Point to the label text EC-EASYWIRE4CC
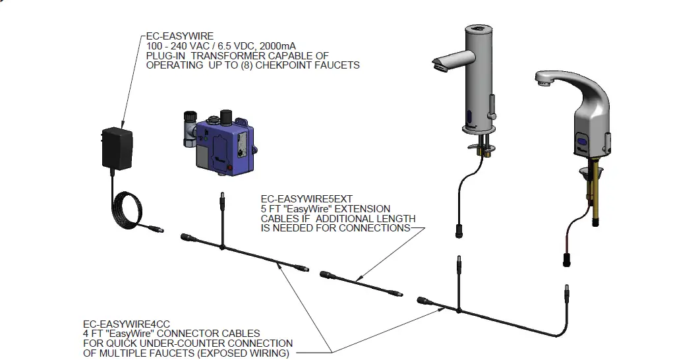click(x=126, y=324)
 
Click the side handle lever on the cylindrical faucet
click(x=491, y=105)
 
